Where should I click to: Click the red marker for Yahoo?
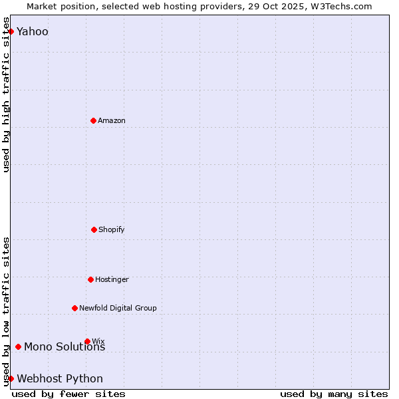11,31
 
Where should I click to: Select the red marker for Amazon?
93,120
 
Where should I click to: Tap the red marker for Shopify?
94,229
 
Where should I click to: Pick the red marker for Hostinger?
90,279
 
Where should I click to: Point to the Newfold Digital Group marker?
74,308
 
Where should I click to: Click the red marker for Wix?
87,341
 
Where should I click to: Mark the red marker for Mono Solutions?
18,346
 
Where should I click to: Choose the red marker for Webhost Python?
11,378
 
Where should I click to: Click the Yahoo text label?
33,32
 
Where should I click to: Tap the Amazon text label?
112,120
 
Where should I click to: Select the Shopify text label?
112,229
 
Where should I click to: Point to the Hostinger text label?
112,279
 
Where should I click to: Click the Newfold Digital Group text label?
118,308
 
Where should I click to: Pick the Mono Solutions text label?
65,347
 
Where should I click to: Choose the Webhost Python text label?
60,379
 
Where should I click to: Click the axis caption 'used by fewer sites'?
68,394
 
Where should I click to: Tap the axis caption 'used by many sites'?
334,394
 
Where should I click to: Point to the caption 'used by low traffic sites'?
6,311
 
